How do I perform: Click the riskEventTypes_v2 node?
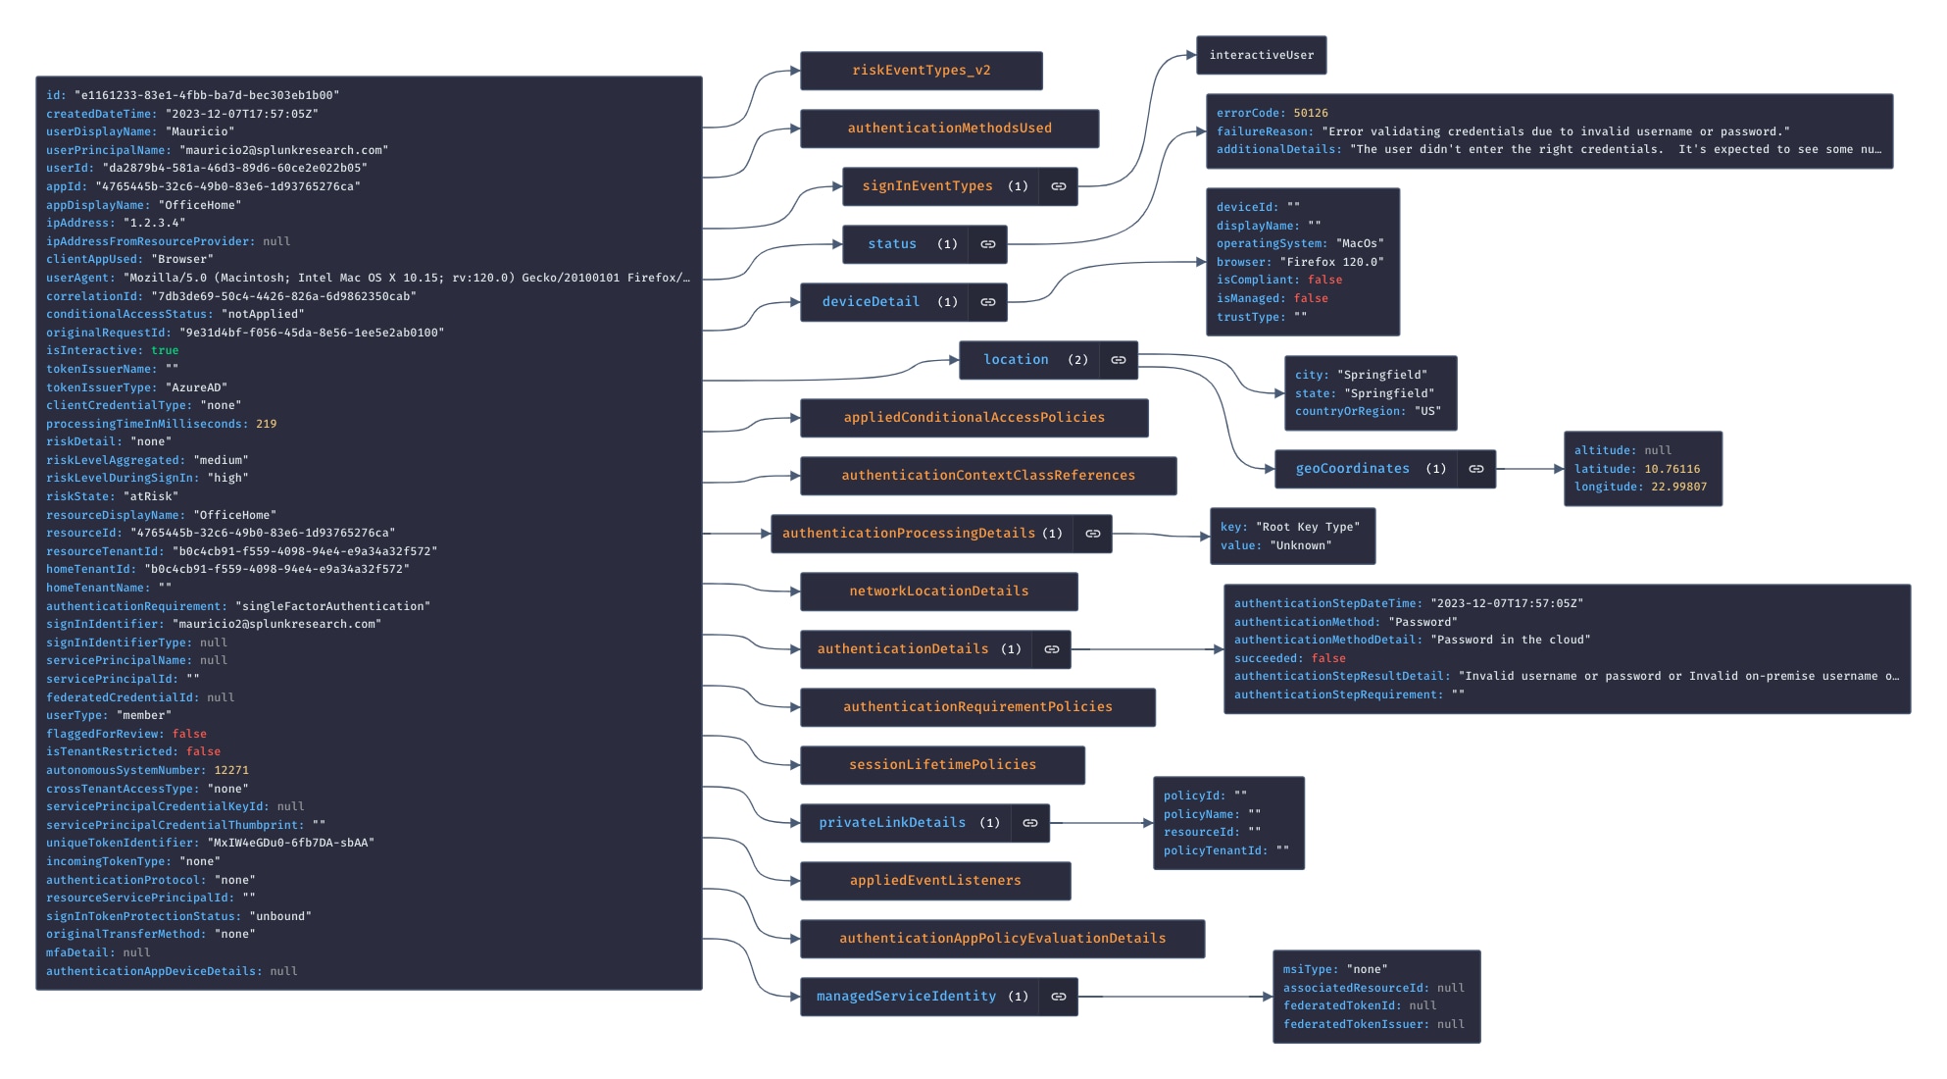coord(922,71)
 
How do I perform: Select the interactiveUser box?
coord(1262,55)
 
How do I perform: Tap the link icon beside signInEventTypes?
coord(1059,186)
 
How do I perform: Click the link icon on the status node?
coord(988,244)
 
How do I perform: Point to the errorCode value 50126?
coord(1311,114)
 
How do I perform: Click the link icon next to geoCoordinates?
coord(1476,469)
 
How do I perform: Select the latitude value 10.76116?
coord(1672,469)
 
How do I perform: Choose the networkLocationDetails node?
coord(939,591)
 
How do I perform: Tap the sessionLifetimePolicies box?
coord(943,765)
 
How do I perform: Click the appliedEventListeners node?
coord(935,881)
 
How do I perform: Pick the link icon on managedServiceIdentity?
coord(1059,997)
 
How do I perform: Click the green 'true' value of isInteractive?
coord(165,351)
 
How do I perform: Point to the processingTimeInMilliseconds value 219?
coord(267,424)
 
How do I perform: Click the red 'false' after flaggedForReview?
coord(189,734)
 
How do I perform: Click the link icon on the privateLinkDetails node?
coord(1030,823)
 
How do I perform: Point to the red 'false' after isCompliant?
coord(1324,280)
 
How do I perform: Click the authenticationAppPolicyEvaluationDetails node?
coord(1003,939)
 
